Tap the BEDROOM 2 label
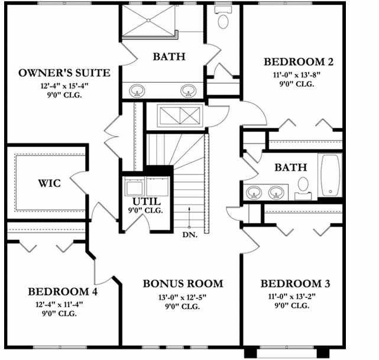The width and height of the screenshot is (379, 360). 294,61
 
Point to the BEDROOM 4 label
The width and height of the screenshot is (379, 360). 63,291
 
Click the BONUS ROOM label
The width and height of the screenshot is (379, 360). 183,283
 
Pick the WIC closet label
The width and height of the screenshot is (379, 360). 49,183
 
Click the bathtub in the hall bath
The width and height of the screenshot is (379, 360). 330,176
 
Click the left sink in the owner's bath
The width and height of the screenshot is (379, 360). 137,91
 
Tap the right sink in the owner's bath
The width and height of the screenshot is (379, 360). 189,91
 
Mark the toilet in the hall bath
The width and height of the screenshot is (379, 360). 303,184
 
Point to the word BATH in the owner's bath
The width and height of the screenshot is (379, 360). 169,57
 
